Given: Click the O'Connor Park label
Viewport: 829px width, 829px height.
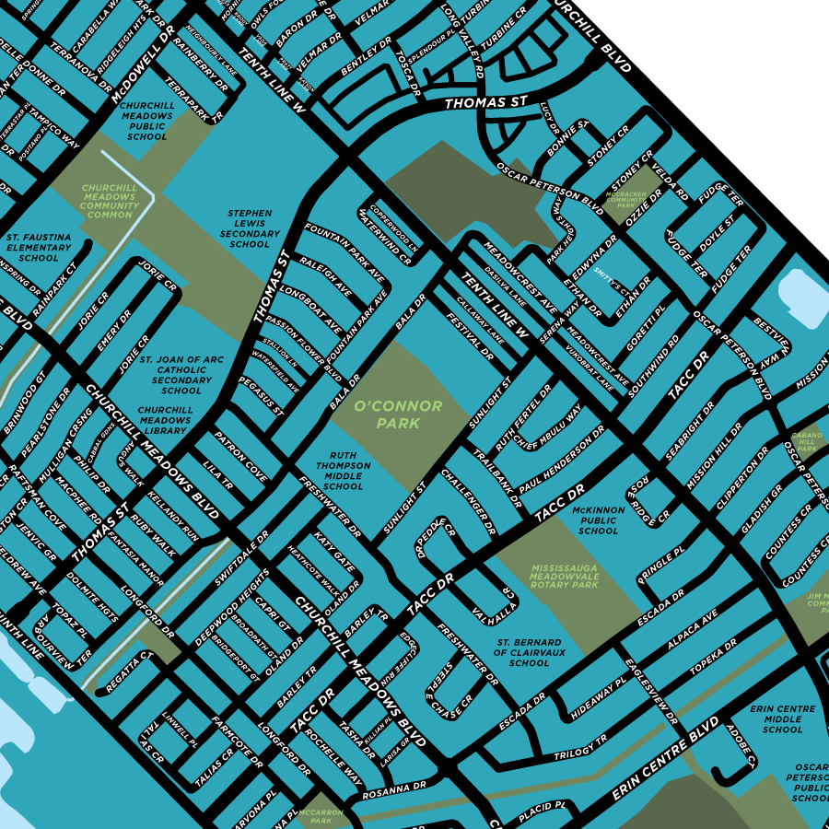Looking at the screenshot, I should coord(398,414).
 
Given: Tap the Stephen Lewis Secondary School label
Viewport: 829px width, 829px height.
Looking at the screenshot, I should coord(250,228).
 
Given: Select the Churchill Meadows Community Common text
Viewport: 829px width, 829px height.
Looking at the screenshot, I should coord(109,202).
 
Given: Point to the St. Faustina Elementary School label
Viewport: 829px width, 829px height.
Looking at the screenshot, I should coord(39,247).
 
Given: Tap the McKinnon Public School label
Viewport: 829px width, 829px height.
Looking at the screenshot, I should coord(599,520).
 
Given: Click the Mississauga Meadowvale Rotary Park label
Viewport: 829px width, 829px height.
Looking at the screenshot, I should coord(564,577).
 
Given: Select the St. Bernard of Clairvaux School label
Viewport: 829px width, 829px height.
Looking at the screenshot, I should coord(529,652).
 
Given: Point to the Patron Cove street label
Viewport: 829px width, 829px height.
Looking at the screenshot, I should coord(240,457).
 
